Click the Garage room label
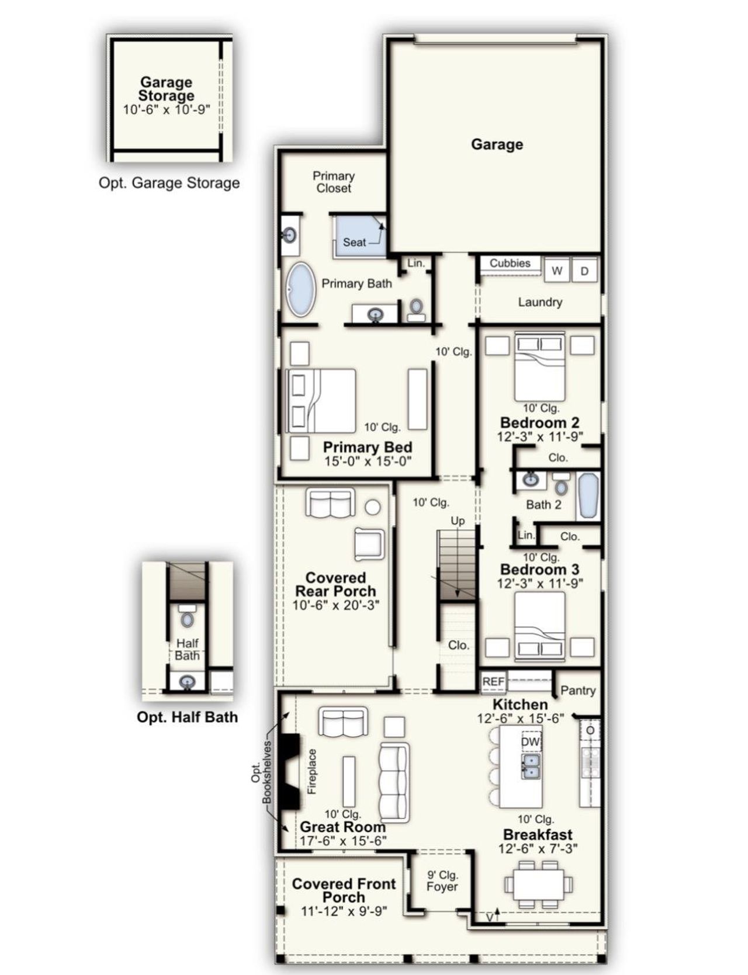pyautogui.click(x=497, y=144)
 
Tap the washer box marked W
pyautogui.click(x=557, y=270)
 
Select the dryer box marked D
pyautogui.click(x=584, y=270)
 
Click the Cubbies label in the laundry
pyautogui.click(x=510, y=263)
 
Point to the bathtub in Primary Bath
pyautogui.click(x=301, y=290)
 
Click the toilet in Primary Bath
pyautogui.click(x=416, y=308)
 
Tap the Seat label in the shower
pyautogui.click(x=354, y=242)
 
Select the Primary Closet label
pyautogui.click(x=333, y=182)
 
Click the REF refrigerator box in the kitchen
pyautogui.click(x=493, y=682)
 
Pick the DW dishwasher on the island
pyautogui.click(x=531, y=741)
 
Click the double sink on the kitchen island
pyautogui.click(x=531, y=766)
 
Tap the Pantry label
pyautogui.click(x=577, y=691)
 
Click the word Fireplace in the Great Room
pyautogui.click(x=312, y=771)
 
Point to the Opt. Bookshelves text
pyautogui.click(x=261, y=772)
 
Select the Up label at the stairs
pyautogui.click(x=458, y=521)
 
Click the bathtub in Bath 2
pyautogui.click(x=588, y=495)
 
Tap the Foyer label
pyautogui.click(x=442, y=887)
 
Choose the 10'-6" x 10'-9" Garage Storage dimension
pyautogui.click(x=166, y=109)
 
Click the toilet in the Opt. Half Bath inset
pyautogui.click(x=187, y=619)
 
